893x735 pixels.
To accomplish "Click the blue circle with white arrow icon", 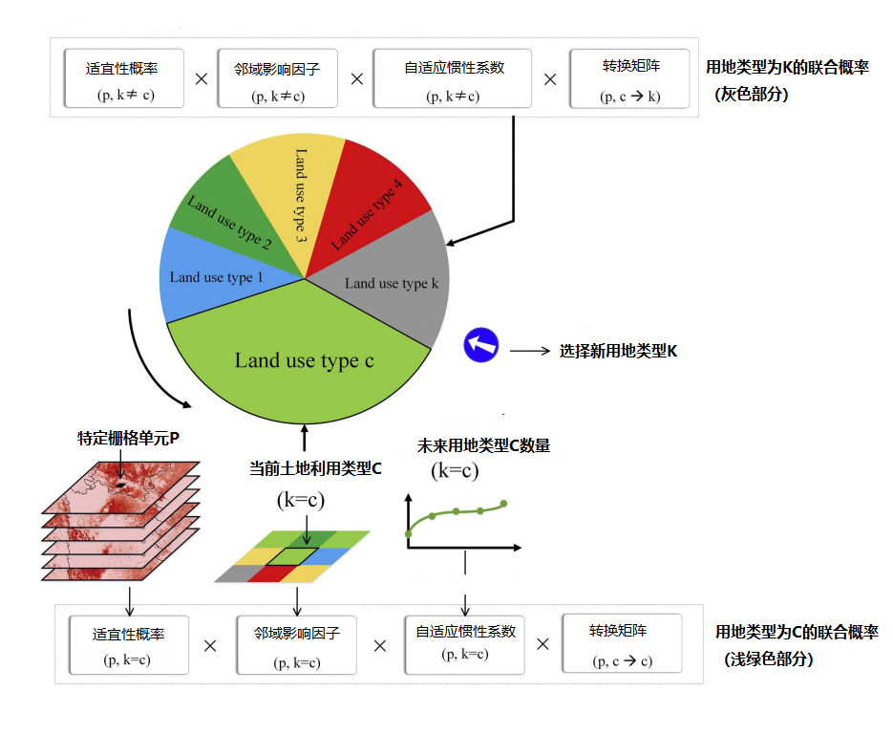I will [x=481, y=345].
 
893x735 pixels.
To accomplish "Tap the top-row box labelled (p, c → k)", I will [x=630, y=79].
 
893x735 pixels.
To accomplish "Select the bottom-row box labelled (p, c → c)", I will [x=621, y=644].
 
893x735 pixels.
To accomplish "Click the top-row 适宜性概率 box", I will [x=121, y=79].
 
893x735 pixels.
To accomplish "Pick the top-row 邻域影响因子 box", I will [x=277, y=79].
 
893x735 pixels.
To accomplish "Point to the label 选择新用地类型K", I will [x=618, y=351].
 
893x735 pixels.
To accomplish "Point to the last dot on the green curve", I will [x=503, y=503].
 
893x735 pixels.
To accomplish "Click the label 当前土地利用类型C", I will [x=315, y=468].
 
